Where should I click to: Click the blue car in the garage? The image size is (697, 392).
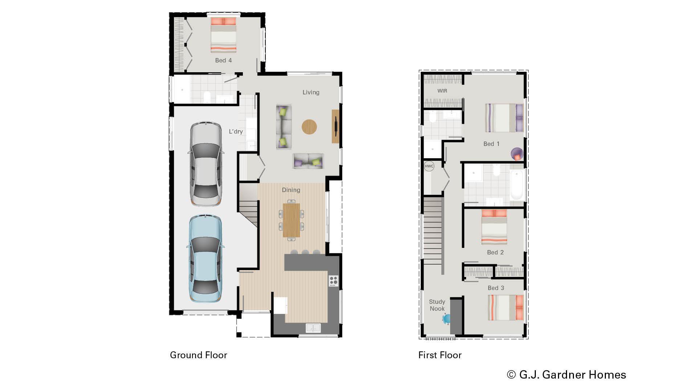[x=205, y=258]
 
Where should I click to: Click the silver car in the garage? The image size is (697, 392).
[x=205, y=164]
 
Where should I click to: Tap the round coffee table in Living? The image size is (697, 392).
[x=309, y=127]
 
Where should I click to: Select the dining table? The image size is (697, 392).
[x=291, y=220]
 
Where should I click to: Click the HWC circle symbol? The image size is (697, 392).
[x=429, y=166]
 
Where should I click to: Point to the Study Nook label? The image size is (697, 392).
[x=437, y=305]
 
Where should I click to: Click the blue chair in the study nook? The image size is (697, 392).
[x=446, y=319]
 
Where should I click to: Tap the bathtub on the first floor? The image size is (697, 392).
[x=517, y=185]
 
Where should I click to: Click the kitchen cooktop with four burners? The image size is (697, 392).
[x=333, y=281]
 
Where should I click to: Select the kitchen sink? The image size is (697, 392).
[x=313, y=328]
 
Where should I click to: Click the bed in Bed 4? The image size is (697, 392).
[x=224, y=35]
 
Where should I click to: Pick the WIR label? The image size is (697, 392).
[x=442, y=91]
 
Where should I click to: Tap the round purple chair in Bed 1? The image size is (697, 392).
[x=517, y=154]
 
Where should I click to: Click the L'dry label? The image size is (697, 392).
[x=236, y=132]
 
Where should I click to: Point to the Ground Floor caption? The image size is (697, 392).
[x=199, y=355]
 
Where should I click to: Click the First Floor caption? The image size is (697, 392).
[x=440, y=355]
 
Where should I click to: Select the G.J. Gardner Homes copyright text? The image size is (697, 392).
[x=567, y=375]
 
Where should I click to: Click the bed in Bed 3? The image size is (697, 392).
[x=506, y=307]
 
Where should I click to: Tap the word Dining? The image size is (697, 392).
[x=291, y=190]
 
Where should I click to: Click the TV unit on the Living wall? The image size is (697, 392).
[x=335, y=126]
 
